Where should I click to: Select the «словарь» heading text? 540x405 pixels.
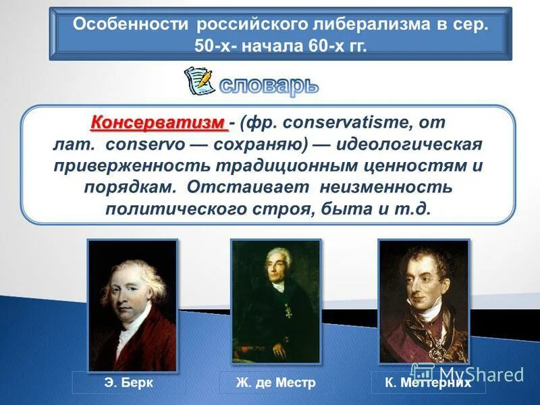[x=269, y=85]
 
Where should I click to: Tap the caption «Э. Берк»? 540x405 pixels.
[x=128, y=383]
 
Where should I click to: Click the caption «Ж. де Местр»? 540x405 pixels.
[x=275, y=383]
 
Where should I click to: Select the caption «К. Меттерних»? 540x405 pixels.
[x=427, y=383]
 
